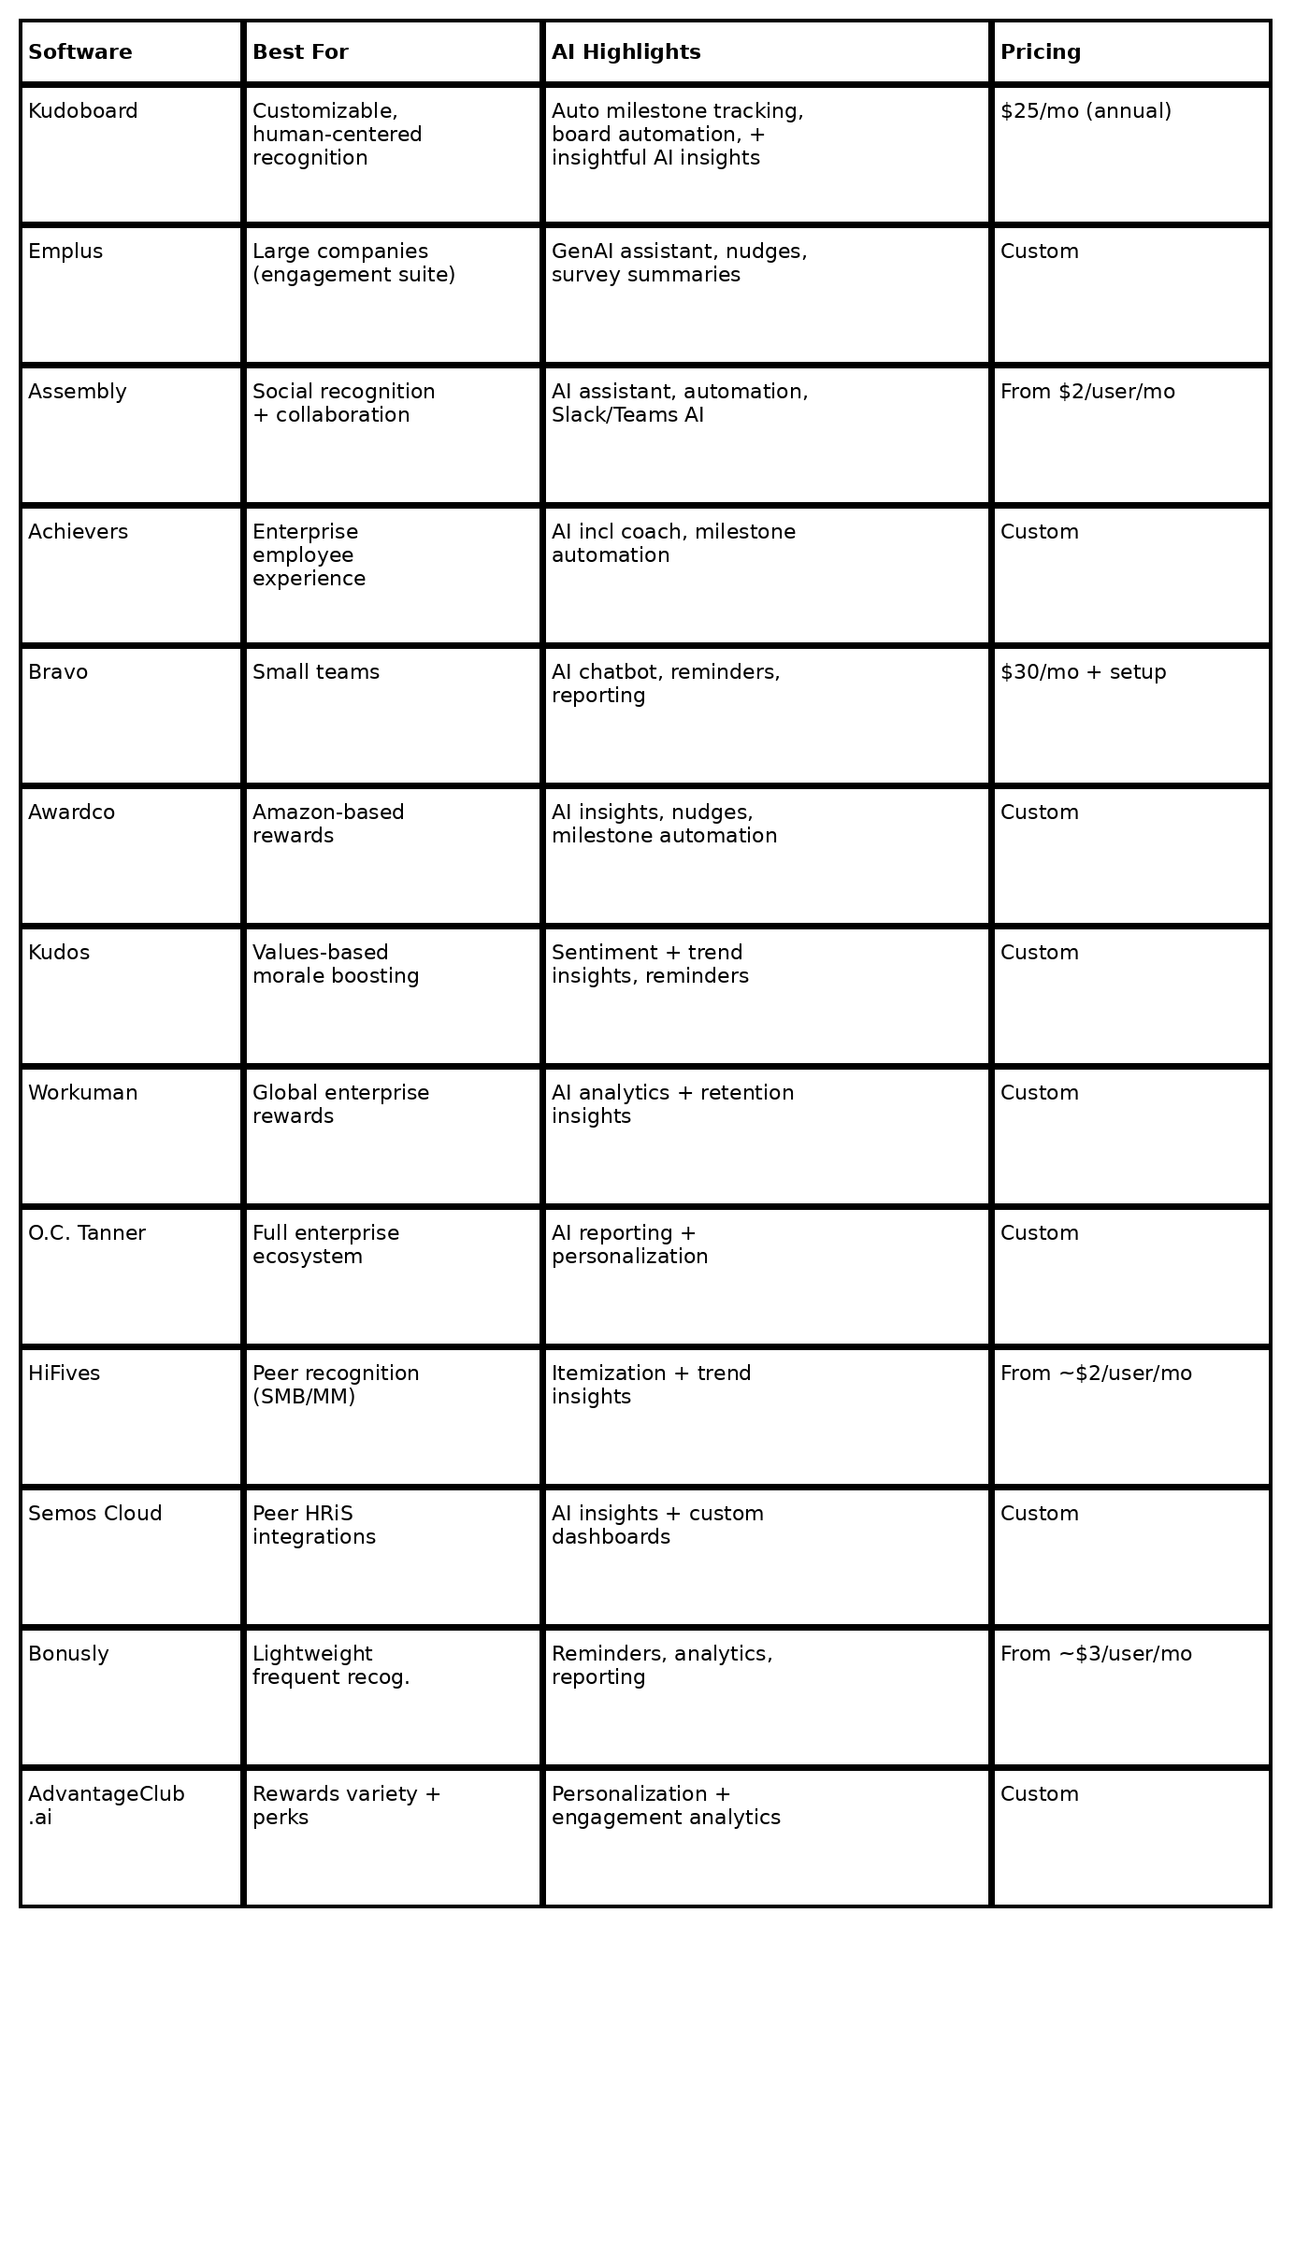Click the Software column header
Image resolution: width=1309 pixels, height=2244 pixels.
coord(80,52)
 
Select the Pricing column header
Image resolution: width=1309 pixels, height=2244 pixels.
coord(1040,52)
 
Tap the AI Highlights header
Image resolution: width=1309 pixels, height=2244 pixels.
coord(626,52)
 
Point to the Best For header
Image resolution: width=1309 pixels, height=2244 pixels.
coord(300,52)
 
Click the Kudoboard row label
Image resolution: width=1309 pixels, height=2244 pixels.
coord(83,111)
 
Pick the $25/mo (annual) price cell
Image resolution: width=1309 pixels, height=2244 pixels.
coord(1086,111)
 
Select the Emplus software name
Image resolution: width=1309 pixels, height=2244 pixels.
coord(65,252)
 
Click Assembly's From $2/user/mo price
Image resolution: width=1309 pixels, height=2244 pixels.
coord(1087,392)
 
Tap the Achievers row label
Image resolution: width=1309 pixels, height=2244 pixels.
coord(78,532)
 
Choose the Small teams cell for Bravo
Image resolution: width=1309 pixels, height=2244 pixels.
coord(316,672)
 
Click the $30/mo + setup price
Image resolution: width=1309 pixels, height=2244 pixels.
coord(1083,672)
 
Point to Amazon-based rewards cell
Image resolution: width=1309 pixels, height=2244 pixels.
coord(328,824)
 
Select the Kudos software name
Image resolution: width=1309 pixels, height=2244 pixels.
coord(59,953)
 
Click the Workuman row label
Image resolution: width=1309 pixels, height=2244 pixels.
coord(83,1093)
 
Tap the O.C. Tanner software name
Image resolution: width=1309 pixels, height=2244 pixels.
coord(87,1233)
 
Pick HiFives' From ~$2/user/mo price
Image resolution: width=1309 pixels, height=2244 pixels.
coord(1096,1374)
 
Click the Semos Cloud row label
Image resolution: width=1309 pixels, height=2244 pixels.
coord(95,1514)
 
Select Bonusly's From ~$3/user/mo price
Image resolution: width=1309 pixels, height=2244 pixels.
coord(1096,1654)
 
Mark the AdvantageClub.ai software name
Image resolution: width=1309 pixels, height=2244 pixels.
coord(107,1805)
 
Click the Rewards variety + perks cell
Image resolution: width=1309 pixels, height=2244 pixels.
coord(346,1805)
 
